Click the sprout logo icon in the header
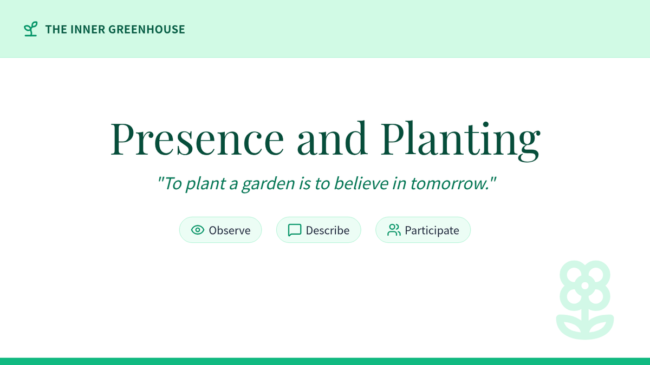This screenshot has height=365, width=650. pyautogui.click(x=30, y=29)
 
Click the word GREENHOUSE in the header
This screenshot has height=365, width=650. pyautogui.click(x=147, y=30)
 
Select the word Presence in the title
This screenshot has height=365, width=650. pyautogui.click(x=197, y=139)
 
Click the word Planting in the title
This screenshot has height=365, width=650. pyautogui.click(x=460, y=141)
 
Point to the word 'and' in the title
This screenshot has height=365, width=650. pyautogui.click(x=333, y=138)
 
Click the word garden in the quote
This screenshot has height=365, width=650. pyautogui.click(x=269, y=184)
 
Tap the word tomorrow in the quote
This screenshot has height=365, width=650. pyautogui.click(x=450, y=184)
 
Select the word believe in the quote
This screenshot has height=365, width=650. pyautogui.click(x=361, y=183)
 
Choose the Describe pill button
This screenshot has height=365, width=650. pyautogui.click(x=318, y=230)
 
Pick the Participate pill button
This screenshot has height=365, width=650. pyautogui.click(x=423, y=230)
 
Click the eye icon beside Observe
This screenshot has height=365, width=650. pyautogui.click(x=198, y=230)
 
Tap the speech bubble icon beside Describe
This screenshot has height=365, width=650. pyautogui.click(x=295, y=230)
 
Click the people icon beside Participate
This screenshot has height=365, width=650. pyautogui.click(x=394, y=230)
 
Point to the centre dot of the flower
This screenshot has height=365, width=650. pyautogui.click(x=585, y=286)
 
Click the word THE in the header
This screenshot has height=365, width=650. pyautogui.click(x=56, y=30)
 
